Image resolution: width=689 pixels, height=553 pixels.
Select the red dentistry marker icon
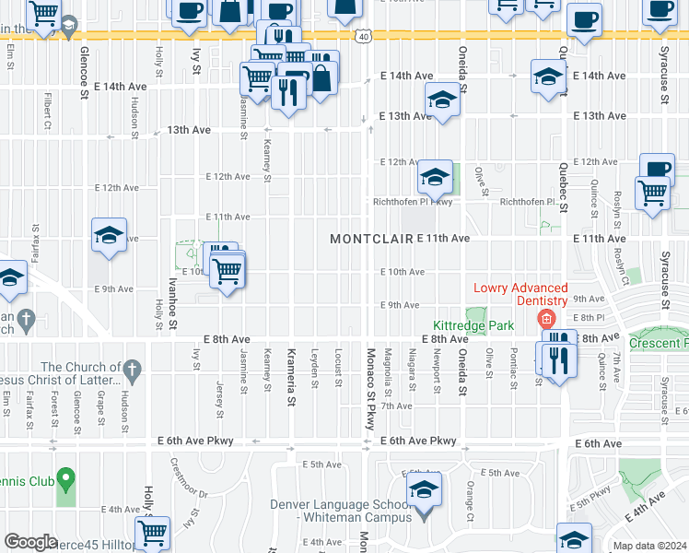[546, 320]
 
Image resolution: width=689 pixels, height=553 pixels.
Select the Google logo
[30, 542]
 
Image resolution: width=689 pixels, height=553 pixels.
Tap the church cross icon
[132, 370]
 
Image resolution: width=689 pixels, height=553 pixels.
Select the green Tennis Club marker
[65, 478]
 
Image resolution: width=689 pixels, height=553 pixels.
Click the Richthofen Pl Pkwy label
[412, 202]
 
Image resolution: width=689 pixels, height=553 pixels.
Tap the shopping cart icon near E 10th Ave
[227, 272]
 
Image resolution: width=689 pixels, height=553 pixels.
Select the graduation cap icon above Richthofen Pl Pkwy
[435, 176]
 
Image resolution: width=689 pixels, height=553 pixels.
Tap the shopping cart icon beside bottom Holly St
[153, 533]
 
